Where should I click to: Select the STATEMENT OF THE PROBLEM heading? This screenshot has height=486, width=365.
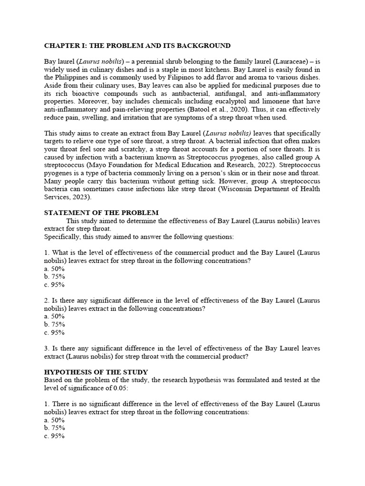click(101, 212)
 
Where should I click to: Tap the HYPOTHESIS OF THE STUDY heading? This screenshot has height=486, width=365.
click(96, 372)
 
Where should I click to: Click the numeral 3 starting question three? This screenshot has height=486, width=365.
click(46, 348)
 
